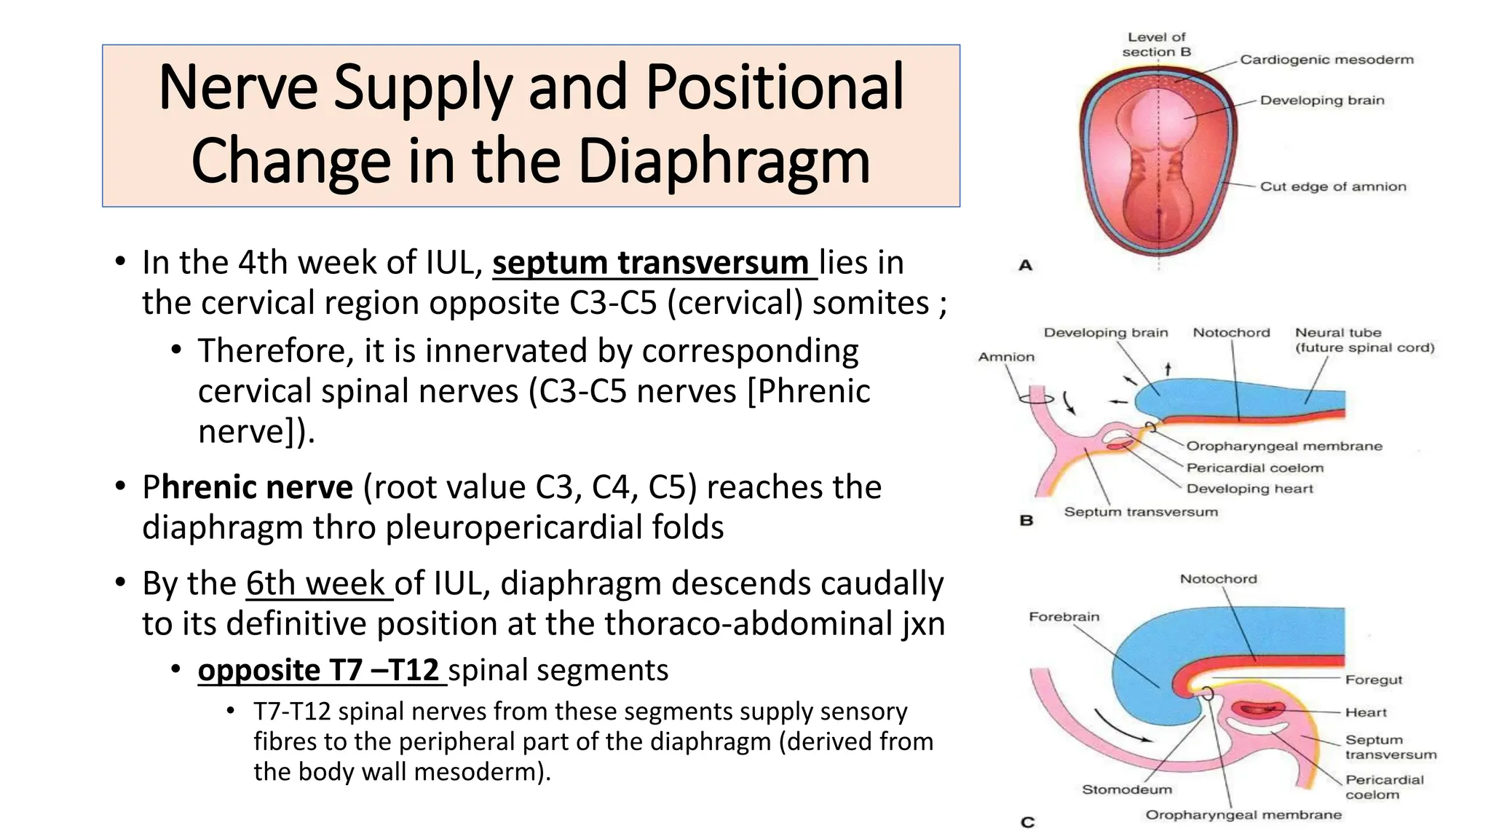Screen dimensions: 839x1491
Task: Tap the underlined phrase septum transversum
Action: [654, 262]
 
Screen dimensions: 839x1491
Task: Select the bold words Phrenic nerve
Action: [248, 487]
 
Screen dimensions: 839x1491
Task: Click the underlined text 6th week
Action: [317, 583]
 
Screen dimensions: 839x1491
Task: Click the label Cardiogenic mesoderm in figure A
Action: [1326, 60]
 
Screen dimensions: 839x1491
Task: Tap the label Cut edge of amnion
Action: [1332, 186]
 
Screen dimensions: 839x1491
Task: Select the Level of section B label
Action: [1156, 44]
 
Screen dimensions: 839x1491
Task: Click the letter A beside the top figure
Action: [1026, 266]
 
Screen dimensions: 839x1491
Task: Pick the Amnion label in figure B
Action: [1006, 357]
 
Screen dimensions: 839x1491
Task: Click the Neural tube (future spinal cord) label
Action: [1364, 340]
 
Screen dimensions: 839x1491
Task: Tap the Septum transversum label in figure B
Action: [1140, 512]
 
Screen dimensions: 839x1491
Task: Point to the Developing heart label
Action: [1249, 489]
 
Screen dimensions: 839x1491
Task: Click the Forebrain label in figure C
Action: [1064, 617]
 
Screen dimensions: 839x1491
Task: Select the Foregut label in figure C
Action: [1373, 680]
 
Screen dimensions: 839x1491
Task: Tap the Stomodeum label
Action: [1126, 789]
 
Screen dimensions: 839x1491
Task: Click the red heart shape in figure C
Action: [1262, 709]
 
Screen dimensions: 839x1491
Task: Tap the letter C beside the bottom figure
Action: [1027, 822]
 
